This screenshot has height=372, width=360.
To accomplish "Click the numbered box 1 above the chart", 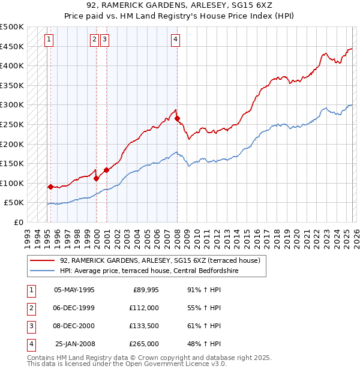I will (49, 40).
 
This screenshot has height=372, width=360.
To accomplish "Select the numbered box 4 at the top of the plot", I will (175, 40).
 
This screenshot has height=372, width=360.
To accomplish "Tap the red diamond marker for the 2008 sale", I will (178, 119).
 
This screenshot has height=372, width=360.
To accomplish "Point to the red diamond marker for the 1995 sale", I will (50, 187).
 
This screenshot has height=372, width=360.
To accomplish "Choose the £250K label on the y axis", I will (12, 125).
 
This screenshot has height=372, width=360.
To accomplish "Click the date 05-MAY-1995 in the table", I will (74, 290).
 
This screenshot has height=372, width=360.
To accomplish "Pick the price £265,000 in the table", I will (144, 344).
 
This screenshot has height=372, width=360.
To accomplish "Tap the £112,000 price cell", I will (144, 308).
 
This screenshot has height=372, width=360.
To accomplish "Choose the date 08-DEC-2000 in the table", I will (74, 326).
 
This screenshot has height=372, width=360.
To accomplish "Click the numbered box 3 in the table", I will (31, 326).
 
